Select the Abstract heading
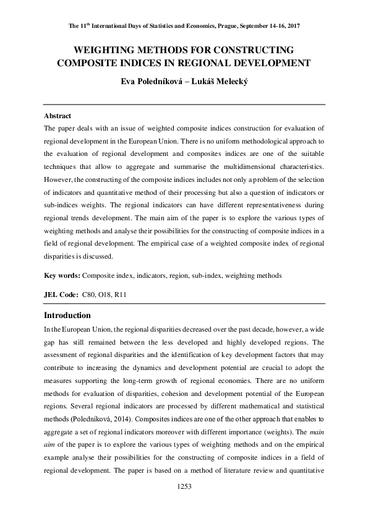pos(58,116)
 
